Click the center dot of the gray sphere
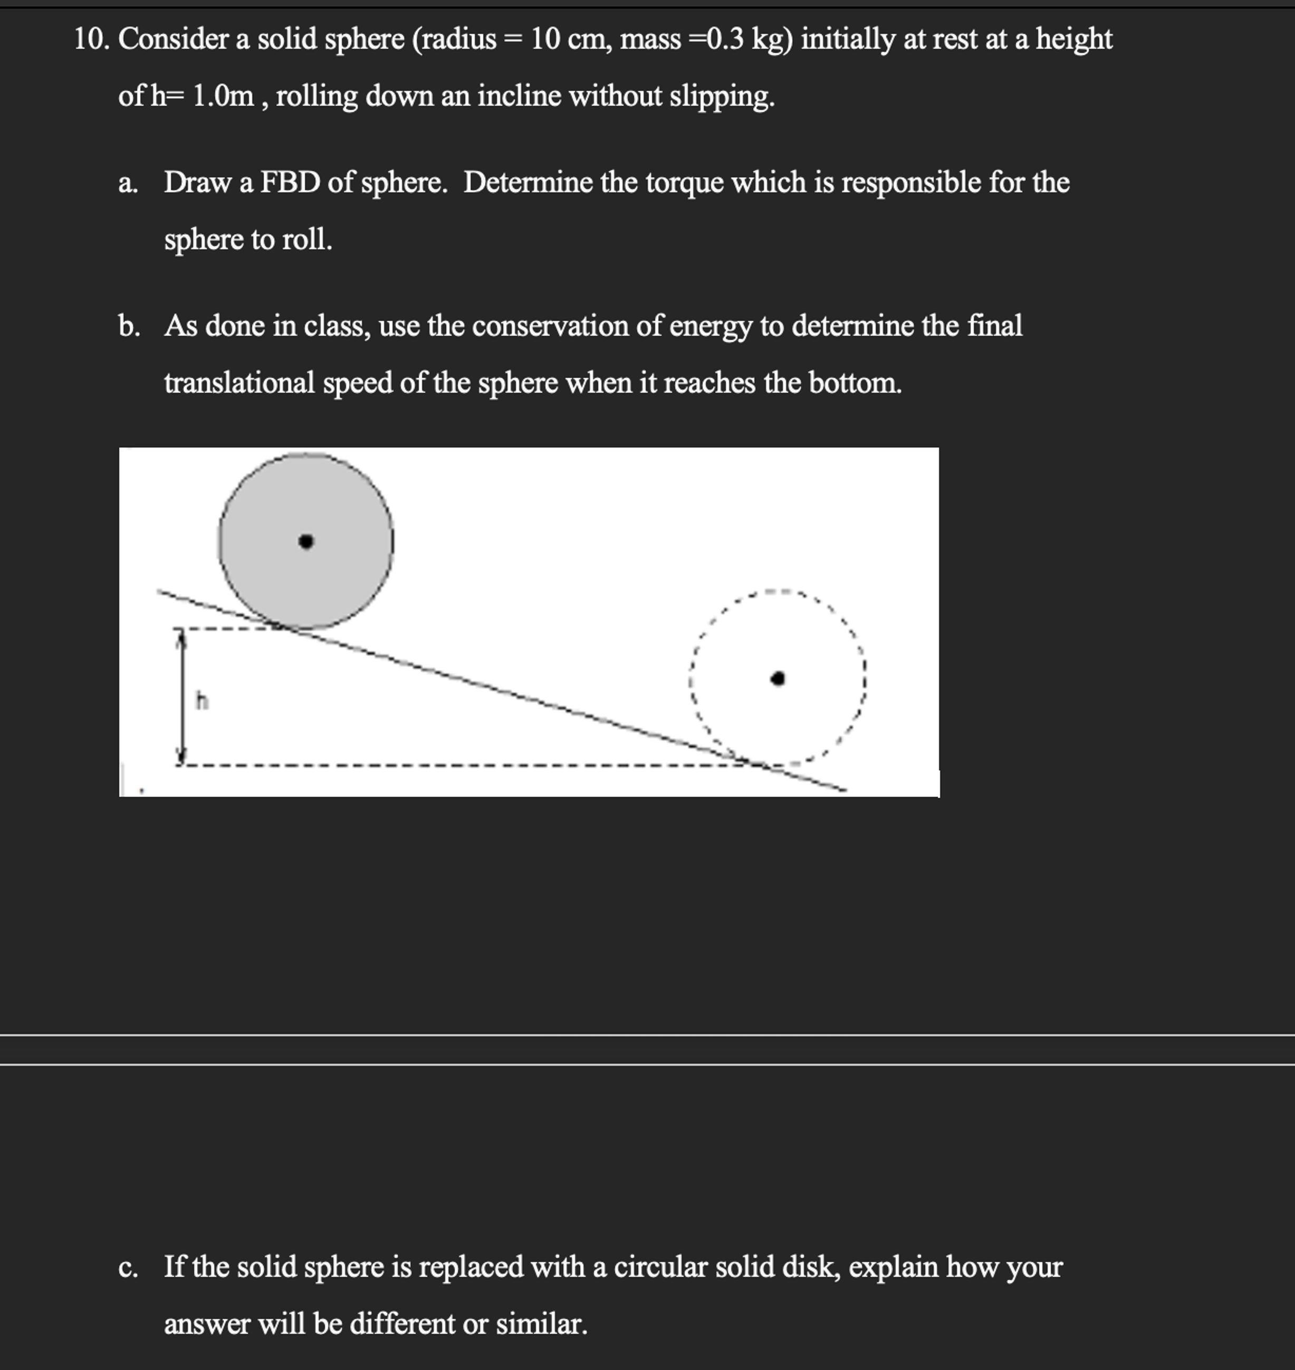point(306,542)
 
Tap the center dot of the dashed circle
point(778,679)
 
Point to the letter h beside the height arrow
point(201,701)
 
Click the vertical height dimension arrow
point(181,696)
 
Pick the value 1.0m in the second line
point(222,96)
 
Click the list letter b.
point(128,327)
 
